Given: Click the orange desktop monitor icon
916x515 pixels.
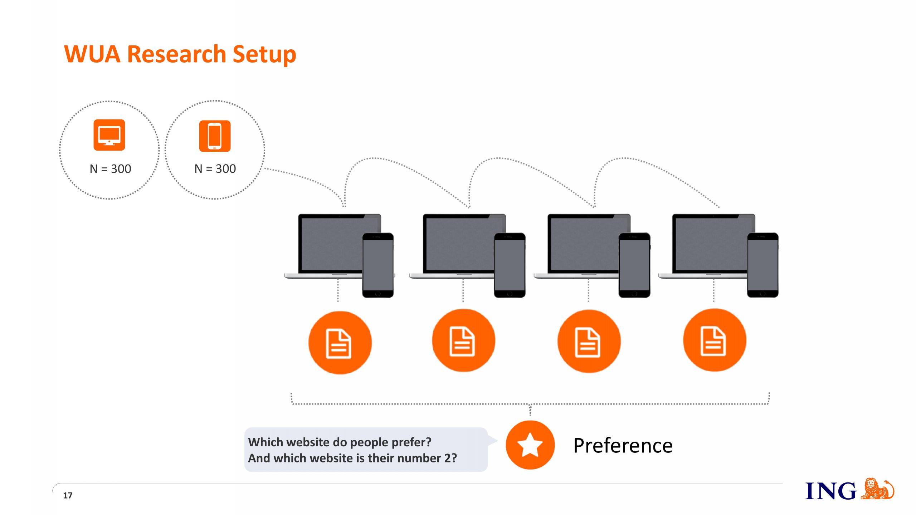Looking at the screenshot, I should pyautogui.click(x=109, y=135).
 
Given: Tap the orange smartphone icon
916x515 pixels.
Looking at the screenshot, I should pyautogui.click(x=215, y=136).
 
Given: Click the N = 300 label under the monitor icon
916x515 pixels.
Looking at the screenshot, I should pyautogui.click(x=110, y=168).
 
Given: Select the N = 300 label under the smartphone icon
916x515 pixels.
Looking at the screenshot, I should pyautogui.click(x=215, y=168).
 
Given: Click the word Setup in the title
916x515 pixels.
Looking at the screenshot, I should pyautogui.click(x=264, y=54).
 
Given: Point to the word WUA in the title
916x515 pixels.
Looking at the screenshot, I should pyautogui.click(x=92, y=54).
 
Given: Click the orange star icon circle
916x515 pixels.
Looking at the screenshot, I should pyautogui.click(x=530, y=445).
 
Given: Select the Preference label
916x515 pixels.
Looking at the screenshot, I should pyautogui.click(x=623, y=446).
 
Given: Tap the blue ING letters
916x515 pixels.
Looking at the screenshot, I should pyautogui.click(x=830, y=491).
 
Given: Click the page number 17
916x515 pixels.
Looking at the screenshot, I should pyautogui.click(x=68, y=495).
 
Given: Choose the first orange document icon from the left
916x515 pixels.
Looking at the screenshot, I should pyautogui.click(x=340, y=343).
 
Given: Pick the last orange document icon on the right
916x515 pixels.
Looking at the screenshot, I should pyautogui.click(x=714, y=341).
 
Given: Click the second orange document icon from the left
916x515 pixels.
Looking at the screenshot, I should pyautogui.click(x=463, y=341).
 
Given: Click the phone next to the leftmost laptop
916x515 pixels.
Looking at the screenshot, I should pyautogui.click(x=378, y=265).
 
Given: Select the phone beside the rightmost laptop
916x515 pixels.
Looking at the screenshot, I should pyautogui.click(x=762, y=265).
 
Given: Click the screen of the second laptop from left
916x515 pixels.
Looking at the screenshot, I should pyautogui.click(x=460, y=243).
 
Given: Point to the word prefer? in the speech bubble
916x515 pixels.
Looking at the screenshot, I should pyautogui.click(x=411, y=442).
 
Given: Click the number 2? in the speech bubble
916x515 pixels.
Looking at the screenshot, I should pyautogui.click(x=450, y=458).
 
